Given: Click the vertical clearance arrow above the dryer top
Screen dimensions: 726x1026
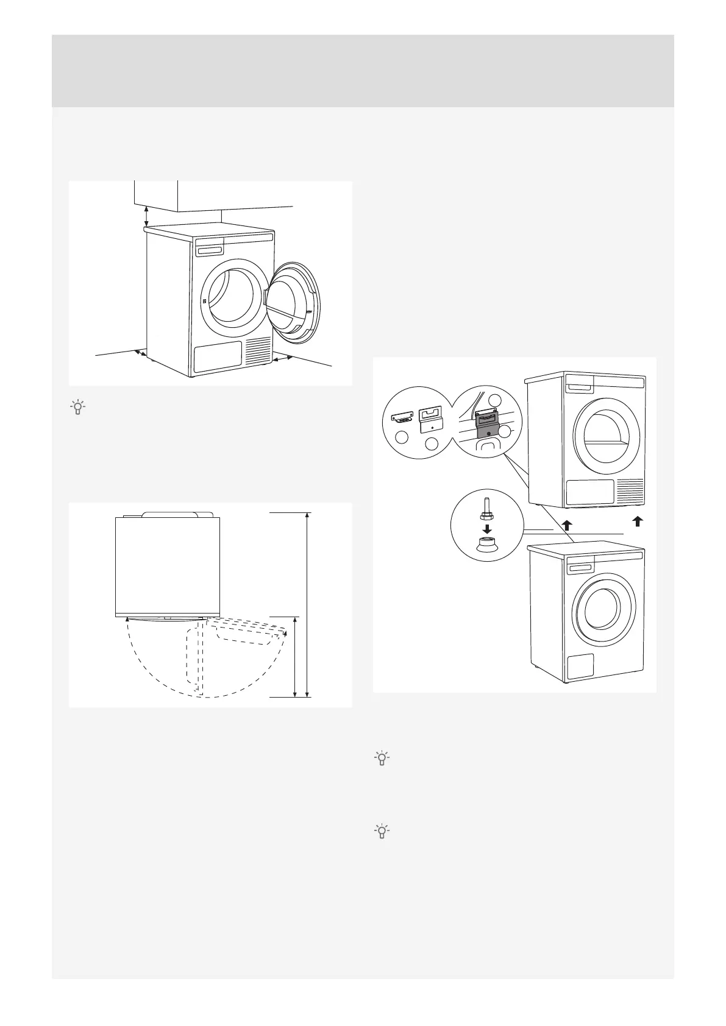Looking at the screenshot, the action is [x=146, y=215].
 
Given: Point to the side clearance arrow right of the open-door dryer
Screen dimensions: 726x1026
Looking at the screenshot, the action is [x=282, y=359].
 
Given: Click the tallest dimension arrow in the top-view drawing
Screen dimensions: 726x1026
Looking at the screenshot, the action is [x=308, y=604].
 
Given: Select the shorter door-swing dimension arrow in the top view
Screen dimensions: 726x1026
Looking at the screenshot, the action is [x=295, y=657].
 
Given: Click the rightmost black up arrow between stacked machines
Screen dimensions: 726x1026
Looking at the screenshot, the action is [x=637, y=521].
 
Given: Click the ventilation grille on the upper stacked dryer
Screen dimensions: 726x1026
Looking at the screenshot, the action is [x=631, y=490].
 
